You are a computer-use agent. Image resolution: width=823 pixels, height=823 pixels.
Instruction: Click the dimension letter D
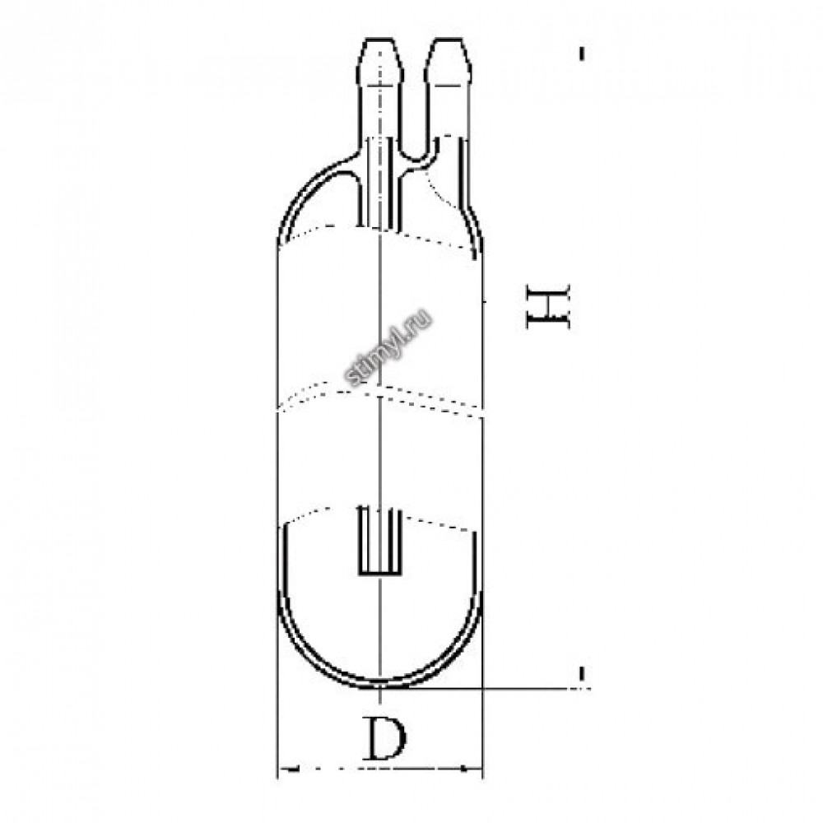point(385,740)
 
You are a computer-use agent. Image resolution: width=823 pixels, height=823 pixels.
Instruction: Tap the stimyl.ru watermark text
point(388,347)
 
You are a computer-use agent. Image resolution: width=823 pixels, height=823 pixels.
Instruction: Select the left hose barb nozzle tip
point(380,58)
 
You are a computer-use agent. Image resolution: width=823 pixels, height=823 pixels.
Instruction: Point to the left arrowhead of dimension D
point(289,770)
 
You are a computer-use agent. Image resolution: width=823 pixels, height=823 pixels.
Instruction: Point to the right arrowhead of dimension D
point(472,770)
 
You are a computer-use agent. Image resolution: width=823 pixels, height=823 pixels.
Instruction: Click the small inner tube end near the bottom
point(379,540)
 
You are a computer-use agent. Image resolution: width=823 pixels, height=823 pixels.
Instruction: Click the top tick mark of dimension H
point(582,54)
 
